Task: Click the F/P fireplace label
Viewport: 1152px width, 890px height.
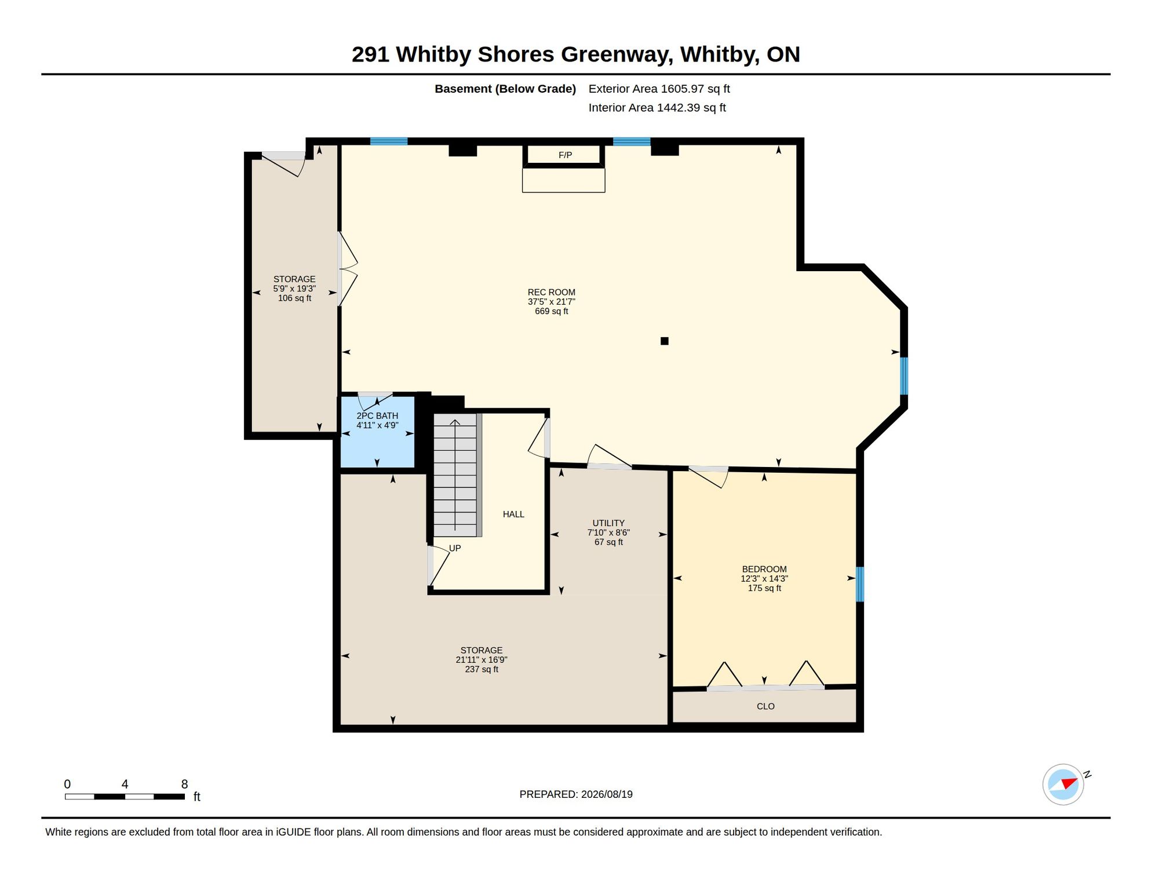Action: (x=565, y=155)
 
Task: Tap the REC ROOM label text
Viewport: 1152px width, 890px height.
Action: (x=551, y=293)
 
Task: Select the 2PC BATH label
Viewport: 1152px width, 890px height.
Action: (x=377, y=416)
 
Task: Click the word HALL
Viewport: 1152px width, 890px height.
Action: (x=513, y=515)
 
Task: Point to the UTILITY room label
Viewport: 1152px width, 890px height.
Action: (x=608, y=523)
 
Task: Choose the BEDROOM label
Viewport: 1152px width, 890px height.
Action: (x=764, y=570)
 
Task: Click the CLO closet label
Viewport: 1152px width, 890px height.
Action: (x=765, y=706)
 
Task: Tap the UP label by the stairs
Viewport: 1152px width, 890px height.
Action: (x=455, y=548)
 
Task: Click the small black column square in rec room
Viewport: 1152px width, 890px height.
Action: (x=665, y=341)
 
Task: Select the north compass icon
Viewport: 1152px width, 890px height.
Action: (x=1063, y=785)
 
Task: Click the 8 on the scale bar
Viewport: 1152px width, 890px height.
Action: (x=184, y=784)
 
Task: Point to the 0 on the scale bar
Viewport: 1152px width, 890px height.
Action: (x=67, y=784)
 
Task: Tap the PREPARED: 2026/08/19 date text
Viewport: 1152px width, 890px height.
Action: (x=576, y=794)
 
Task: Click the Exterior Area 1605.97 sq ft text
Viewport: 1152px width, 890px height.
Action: (x=659, y=89)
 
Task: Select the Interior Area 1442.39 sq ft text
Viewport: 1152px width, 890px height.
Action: (x=657, y=108)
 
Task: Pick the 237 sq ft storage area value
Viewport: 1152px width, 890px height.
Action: (x=482, y=669)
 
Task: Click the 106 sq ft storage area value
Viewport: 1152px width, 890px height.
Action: (x=294, y=298)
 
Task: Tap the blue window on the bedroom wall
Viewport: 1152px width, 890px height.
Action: (x=860, y=584)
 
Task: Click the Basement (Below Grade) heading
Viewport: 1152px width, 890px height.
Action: (x=505, y=89)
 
